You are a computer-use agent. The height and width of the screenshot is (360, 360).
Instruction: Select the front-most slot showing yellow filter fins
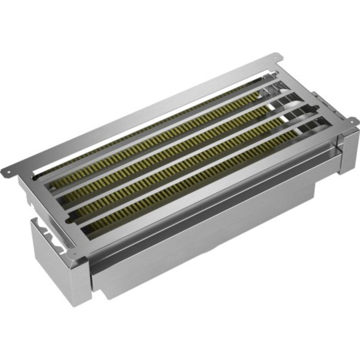coord(198,180)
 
